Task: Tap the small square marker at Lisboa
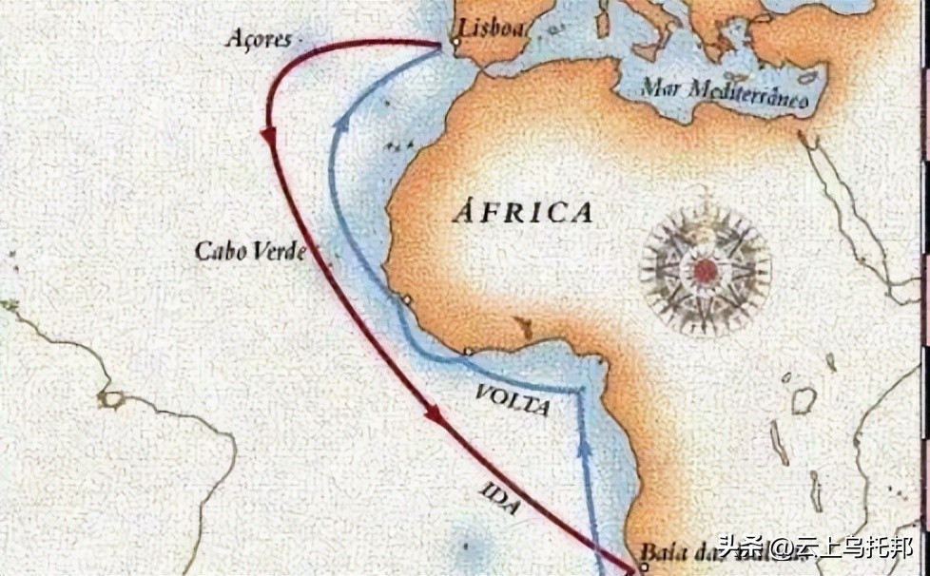click(x=456, y=43)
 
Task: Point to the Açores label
click(x=258, y=38)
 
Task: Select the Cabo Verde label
click(x=250, y=251)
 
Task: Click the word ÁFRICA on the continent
click(x=522, y=211)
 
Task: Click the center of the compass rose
click(x=705, y=270)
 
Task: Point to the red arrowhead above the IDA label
click(x=434, y=414)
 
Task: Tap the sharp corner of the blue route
click(x=578, y=391)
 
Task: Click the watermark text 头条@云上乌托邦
click(x=817, y=549)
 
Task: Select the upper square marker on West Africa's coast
click(x=406, y=300)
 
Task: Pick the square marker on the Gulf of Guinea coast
click(x=467, y=352)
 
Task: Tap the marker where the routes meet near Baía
click(x=643, y=568)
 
